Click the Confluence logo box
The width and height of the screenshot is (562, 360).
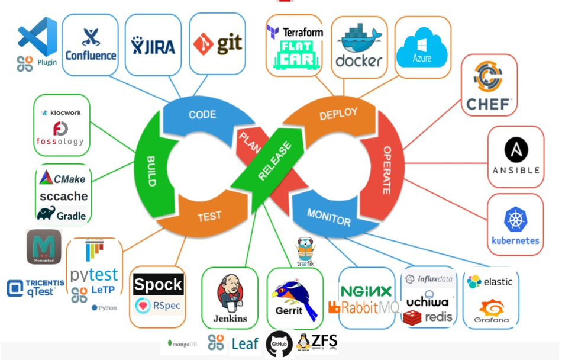(x=91, y=45)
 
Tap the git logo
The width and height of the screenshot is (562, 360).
(x=217, y=44)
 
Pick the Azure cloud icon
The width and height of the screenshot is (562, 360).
(x=422, y=47)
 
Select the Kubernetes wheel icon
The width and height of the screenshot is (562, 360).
(x=515, y=219)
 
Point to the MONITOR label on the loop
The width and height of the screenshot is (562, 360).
(x=329, y=217)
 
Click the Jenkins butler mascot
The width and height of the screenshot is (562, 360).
(x=230, y=293)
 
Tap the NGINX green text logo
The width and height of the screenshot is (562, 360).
(x=366, y=291)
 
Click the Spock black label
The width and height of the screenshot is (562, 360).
(x=158, y=285)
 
